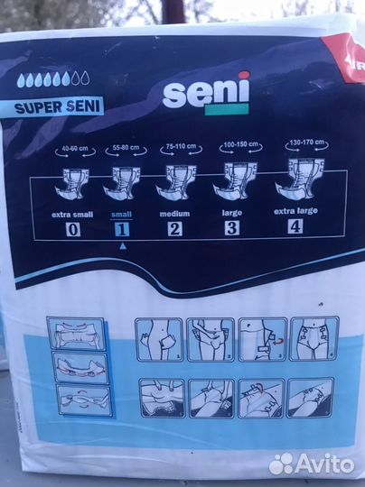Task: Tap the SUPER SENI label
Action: (59, 106)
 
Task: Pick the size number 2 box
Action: (174, 228)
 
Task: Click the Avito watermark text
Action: (321, 464)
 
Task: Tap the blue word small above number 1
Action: (119, 214)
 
